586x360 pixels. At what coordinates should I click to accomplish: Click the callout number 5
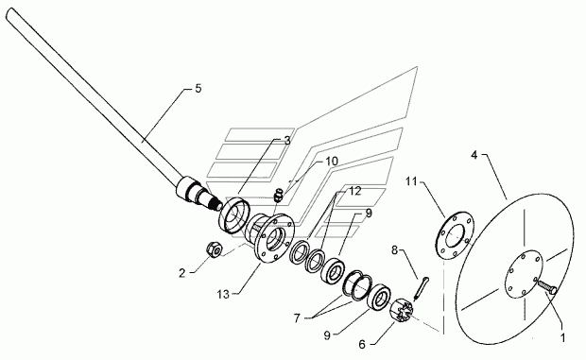198,89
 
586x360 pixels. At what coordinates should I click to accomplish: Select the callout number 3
287,141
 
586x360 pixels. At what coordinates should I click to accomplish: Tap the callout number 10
332,162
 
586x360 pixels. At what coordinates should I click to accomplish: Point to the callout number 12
355,191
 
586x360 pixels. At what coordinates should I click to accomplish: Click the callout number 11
411,181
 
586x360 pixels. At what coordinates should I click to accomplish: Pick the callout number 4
474,155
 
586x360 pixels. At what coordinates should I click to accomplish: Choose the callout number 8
395,249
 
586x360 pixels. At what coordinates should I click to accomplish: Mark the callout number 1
562,338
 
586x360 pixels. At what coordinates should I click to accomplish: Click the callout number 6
362,344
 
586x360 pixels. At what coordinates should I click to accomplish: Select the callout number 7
297,318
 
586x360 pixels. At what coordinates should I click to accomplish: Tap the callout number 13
223,294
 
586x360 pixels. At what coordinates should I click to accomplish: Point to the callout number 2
181,273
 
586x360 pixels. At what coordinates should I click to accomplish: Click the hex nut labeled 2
215,249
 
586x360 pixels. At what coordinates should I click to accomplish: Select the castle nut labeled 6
402,309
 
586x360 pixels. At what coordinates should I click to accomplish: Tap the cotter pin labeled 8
422,287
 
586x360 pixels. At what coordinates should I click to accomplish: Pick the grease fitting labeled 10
279,195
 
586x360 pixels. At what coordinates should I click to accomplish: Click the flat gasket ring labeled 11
455,236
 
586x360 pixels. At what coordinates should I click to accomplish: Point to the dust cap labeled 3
234,215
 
